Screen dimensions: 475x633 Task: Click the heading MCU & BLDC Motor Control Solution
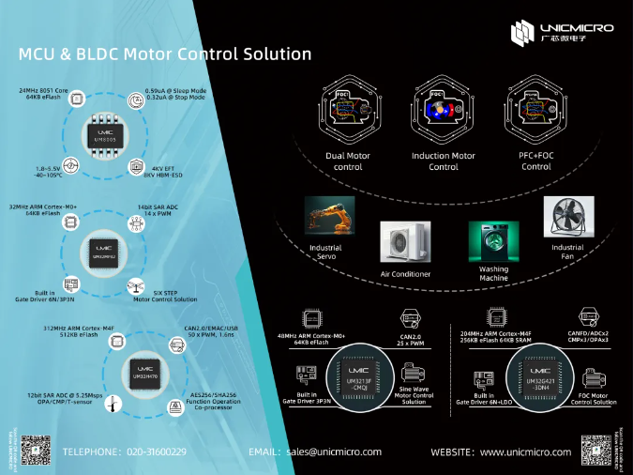click(165, 54)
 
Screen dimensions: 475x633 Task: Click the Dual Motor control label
click(347, 161)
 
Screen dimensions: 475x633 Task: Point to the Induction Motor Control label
click(444, 161)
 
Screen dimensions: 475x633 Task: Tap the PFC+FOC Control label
click(536, 161)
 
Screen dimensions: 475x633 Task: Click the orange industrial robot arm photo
click(329, 218)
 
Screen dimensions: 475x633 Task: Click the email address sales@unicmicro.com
click(335, 452)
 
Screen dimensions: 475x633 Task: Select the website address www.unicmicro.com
click(525, 452)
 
